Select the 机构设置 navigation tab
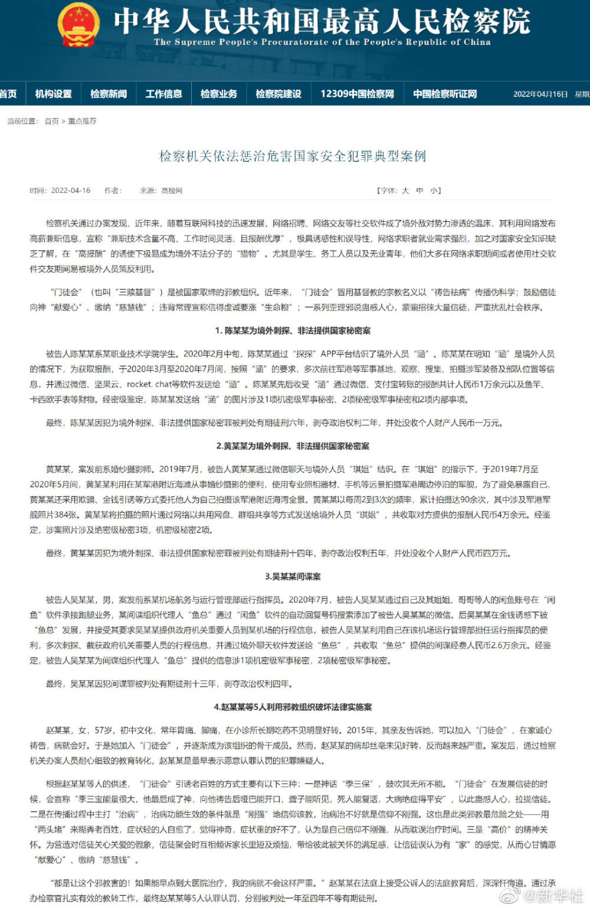pyautogui.click(x=53, y=94)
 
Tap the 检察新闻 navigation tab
pyautogui.click(x=109, y=94)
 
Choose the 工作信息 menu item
pyautogui.click(x=163, y=94)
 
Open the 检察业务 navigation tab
pyautogui.click(x=219, y=94)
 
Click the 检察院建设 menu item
pyautogui.click(x=278, y=94)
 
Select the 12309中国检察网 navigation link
pyautogui.click(x=357, y=94)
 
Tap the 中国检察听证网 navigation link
pyautogui.click(x=445, y=94)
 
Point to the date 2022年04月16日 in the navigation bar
pyautogui.click(x=540, y=94)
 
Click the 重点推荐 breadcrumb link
pyautogui.click(x=82, y=121)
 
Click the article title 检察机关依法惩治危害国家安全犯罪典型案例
pyautogui.click(x=293, y=156)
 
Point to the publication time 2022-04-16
pyautogui.click(x=71, y=191)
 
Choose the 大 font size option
pyautogui.click(x=405, y=191)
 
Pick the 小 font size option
pyautogui.click(x=434, y=191)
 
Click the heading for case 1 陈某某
pyautogui.click(x=293, y=330)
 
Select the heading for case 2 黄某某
pyautogui.click(x=293, y=446)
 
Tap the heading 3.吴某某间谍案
pyautogui.click(x=293, y=577)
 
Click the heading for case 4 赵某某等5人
pyautogui.click(x=293, y=707)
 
